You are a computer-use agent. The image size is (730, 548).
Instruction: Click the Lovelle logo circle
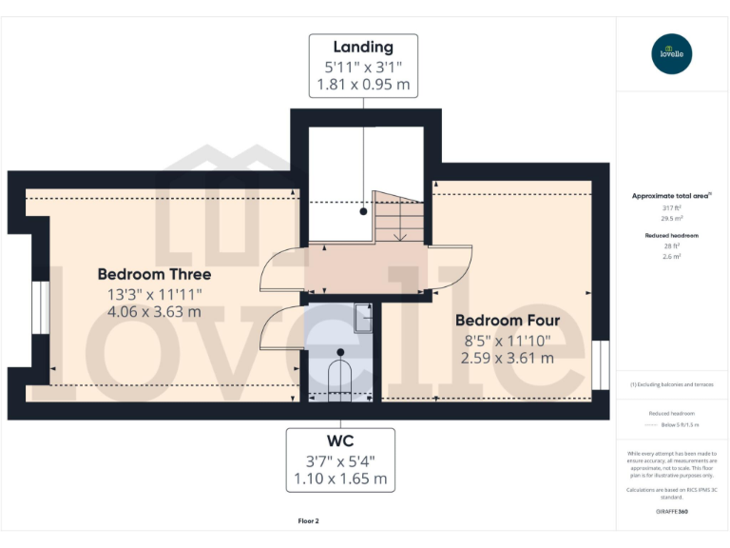tap(672, 53)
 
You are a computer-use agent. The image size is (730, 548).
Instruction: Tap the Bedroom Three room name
tap(154, 275)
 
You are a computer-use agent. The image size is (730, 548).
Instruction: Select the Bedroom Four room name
tap(507, 321)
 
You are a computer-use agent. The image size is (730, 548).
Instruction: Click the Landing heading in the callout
tap(363, 47)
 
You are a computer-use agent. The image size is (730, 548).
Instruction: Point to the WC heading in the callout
tap(340, 441)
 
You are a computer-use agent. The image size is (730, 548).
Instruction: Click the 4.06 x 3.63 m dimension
tap(154, 311)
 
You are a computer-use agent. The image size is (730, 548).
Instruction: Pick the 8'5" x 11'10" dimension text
tap(507, 340)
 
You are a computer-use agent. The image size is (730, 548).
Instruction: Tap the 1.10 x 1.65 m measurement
tap(340, 479)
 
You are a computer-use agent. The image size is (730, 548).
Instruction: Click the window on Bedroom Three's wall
tap(39, 307)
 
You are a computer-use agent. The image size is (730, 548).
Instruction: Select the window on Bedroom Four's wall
tap(600, 364)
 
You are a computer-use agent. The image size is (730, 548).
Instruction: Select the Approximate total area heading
tap(672, 195)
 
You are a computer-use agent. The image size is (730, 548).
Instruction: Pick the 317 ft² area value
tap(672, 207)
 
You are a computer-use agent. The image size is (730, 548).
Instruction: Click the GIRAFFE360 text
tap(672, 512)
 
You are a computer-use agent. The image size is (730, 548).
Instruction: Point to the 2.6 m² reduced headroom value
tap(672, 256)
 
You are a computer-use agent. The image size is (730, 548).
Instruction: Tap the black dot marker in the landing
tap(363, 212)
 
